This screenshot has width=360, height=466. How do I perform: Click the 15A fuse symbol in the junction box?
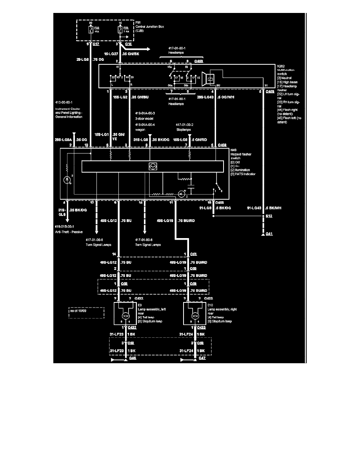[x=91, y=29]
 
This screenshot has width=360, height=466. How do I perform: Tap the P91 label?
[x=138, y=23]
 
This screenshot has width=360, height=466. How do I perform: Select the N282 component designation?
[x=280, y=66]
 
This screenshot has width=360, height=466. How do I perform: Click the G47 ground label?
[x=202, y=358]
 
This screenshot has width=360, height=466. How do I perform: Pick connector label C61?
[x=193, y=255]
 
